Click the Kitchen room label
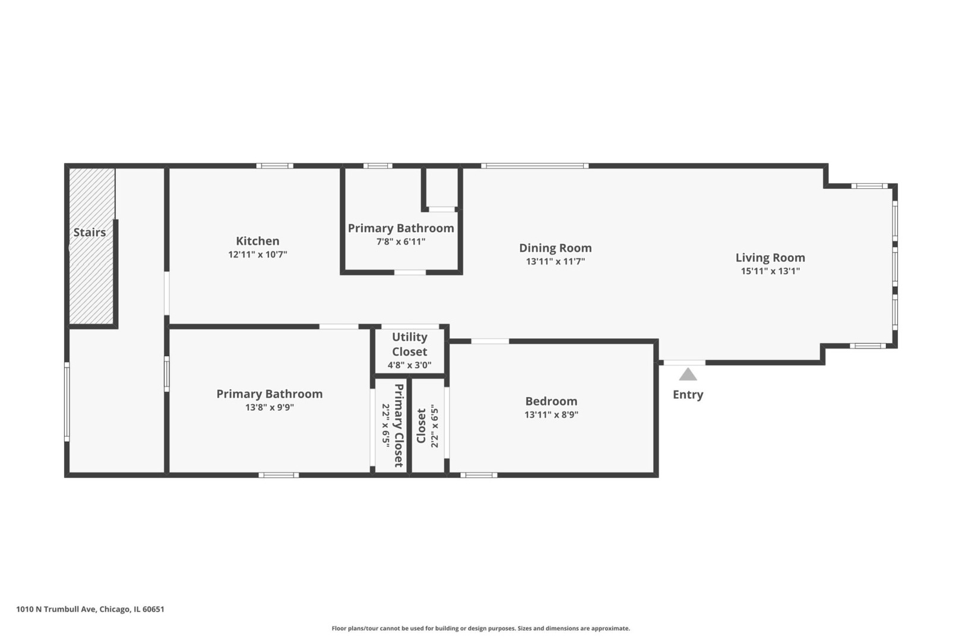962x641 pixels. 257,240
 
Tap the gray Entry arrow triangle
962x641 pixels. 688,375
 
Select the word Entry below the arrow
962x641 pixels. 688,395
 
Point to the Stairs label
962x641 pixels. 89,232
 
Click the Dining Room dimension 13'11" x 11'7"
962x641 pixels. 555,261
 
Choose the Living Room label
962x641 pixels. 770,258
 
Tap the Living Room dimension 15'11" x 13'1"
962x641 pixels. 770,271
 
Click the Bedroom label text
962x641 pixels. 551,401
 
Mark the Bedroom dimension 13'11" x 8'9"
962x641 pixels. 551,414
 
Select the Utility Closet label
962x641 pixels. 409,344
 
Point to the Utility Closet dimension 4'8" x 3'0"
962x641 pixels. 409,366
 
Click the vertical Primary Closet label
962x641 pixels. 399,426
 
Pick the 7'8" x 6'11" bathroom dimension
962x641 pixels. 401,242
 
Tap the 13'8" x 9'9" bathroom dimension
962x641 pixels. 269,407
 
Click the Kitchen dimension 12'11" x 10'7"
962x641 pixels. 257,254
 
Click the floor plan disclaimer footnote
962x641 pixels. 480,628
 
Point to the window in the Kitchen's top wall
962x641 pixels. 275,166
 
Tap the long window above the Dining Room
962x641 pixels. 534,166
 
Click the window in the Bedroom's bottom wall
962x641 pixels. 479,475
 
